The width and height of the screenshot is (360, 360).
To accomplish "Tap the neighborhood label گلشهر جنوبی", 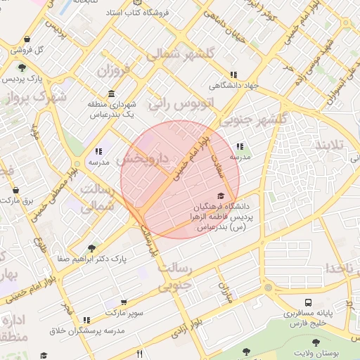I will click(259, 119).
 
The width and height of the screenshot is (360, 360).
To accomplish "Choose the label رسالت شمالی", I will click(96, 198).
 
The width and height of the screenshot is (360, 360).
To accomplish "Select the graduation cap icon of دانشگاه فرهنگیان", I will click(221, 196).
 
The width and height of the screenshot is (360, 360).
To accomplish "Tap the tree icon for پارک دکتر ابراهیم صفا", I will click(91, 248).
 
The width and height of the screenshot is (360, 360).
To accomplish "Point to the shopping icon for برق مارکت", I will click(15, 190).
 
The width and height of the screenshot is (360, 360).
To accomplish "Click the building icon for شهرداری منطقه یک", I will click(111, 94).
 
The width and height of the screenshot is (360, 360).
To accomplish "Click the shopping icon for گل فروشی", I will click(26, 39).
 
